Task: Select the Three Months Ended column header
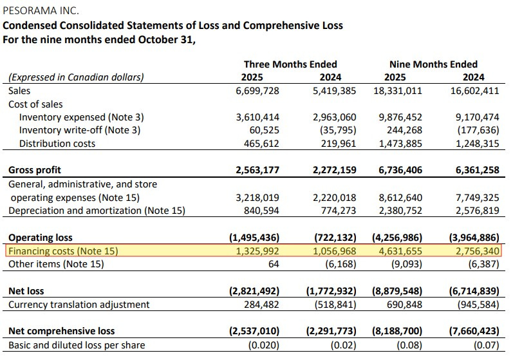point(290,64)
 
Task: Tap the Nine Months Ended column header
point(433,64)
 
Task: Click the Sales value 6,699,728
point(257,91)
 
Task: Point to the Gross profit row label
point(35,170)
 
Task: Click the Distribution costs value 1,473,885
point(398,144)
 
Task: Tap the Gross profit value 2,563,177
point(256,170)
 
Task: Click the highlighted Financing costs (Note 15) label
point(63,251)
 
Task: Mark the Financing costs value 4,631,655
point(398,251)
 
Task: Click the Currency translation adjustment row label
point(79,304)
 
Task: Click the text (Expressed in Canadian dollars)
point(76,77)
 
